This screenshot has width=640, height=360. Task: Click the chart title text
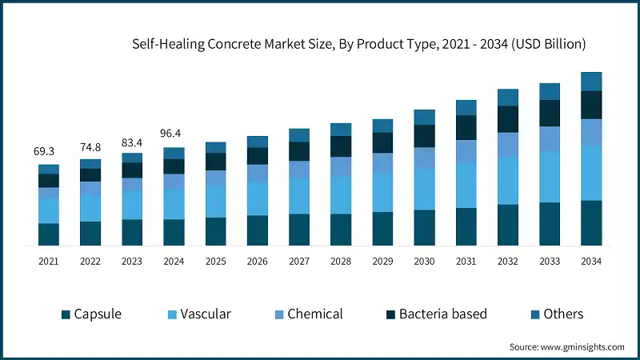(x=359, y=43)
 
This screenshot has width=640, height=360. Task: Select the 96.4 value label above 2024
(x=174, y=134)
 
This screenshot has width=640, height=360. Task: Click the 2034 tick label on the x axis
(x=590, y=261)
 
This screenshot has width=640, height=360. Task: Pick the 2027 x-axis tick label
(x=299, y=261)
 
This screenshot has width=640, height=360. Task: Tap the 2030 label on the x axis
(x=424, y=261)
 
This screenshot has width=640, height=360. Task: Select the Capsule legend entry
(x=91, y=314)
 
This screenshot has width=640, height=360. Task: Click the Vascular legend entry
(x=198, y=314)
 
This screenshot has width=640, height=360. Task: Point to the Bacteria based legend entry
(x=435, y=314)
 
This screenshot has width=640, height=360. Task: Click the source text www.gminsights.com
(x=566, y=346)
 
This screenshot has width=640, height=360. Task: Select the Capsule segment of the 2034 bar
(x=590, y=222)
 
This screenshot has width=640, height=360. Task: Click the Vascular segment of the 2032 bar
(x=507, y=180)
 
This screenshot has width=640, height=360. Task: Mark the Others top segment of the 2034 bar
(x=590, y=82)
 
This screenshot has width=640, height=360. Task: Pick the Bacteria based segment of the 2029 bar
(x=382, y=142)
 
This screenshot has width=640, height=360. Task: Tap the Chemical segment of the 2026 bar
(x=258, y=173)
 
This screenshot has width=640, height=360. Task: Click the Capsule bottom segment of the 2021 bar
(x=49, y=234)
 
